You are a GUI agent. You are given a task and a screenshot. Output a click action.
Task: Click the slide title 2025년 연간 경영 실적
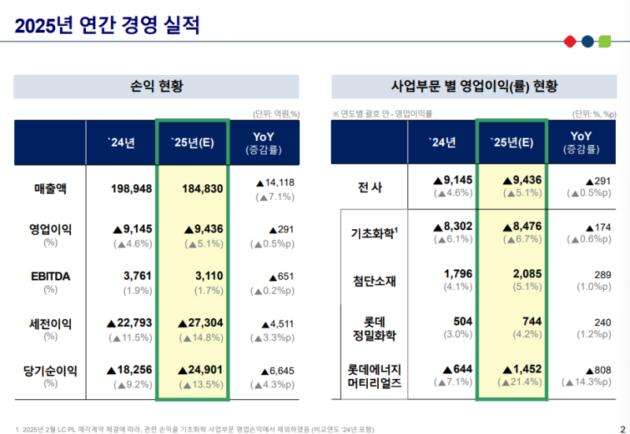point(107,25)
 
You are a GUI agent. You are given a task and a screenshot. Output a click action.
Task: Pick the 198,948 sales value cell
point(131,188)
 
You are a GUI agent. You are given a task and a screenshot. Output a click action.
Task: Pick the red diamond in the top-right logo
point(569,41)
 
